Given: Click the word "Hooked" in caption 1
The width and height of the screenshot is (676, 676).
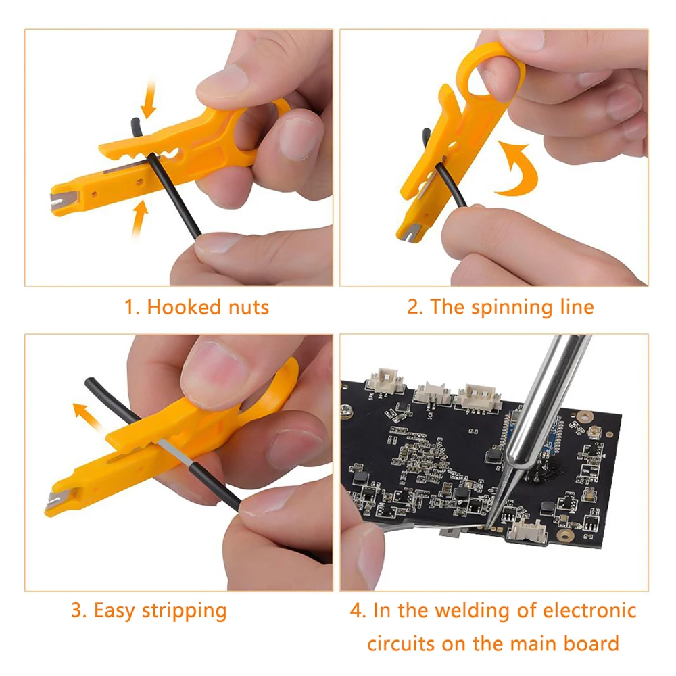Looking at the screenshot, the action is click(184, 307).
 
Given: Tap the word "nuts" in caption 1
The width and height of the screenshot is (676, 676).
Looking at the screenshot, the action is click(248, 308).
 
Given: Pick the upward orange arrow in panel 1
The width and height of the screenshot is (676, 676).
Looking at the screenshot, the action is click(139, 218).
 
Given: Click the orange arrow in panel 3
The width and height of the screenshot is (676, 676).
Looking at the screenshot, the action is click(87, 417).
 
